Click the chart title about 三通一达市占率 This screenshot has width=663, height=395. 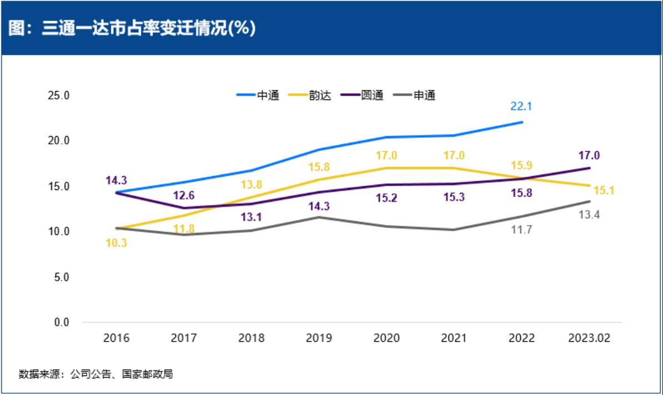pyautogui.click(x=132, y=29)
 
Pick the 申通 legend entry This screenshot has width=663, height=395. pyautogui.click(x=424, y=95)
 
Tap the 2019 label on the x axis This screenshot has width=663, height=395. pyautogui.click(x=319, y=338)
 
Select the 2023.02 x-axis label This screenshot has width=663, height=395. pyautogui.click(x=590, y=338)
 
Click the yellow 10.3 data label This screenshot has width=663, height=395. pyautogui.click(x=116, y=242)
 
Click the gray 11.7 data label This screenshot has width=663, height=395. pyautogui.click(x=522, y=229)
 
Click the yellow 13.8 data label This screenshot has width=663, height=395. pyautogui.click(x=252, y=185)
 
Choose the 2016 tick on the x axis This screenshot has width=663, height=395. pyautogui.click(x=116, y=338)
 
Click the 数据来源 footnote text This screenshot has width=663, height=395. pyautogui.click(x=96, y=374)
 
